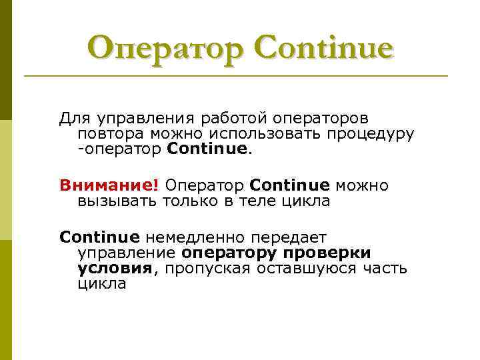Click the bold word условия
click(115, 269)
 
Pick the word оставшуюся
click(307, 269)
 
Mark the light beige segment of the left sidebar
click(6, 180)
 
